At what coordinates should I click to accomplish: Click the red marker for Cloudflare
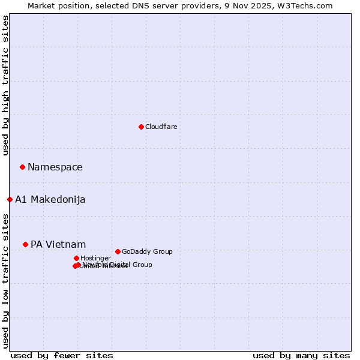(x=141, y=127)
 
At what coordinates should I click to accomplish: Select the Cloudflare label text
(x=161, y=127)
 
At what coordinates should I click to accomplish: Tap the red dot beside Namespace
(x=22, y=167)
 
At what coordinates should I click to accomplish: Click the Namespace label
(x=55, y=167)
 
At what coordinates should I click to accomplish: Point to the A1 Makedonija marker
(x=10, y=199)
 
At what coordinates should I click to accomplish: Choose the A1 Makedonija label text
(x=50, y=200)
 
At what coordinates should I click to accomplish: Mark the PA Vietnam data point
(x=25, y=244)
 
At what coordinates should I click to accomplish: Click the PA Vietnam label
(x=58, y=245)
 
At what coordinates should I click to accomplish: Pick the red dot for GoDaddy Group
(x=118, y=251)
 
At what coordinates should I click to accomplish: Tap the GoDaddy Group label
(x=147, y=252)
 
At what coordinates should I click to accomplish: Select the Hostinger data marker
(x=76, y=258)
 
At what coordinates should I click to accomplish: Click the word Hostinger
(x=95, y=259)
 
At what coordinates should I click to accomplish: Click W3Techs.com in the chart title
(x=311, y=5)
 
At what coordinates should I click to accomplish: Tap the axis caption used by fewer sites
(x=62, y=355)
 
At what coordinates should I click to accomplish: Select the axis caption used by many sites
(x=301, y=355)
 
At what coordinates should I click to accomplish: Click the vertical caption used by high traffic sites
(x=5, y=85)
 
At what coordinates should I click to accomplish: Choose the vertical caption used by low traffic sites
(x=5, y=281)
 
